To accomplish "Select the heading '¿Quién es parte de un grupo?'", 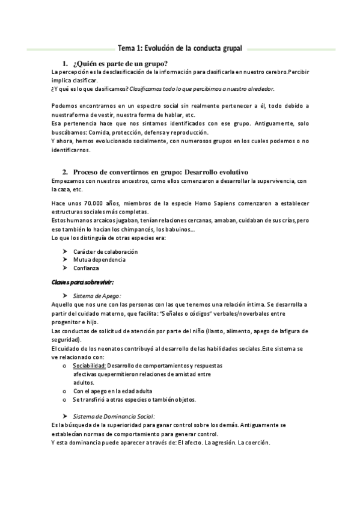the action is [x=120, y=64].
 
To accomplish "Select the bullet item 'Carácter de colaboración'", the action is [x=106, y=251].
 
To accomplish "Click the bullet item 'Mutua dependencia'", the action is [x=99, y=260].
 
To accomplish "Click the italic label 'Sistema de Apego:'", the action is [x=97, y=296].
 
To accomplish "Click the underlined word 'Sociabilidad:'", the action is [x=90, y=366].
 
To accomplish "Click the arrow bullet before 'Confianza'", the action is [x=65, y=268].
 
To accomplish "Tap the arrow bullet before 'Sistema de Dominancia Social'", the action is [x=65, y=416].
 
